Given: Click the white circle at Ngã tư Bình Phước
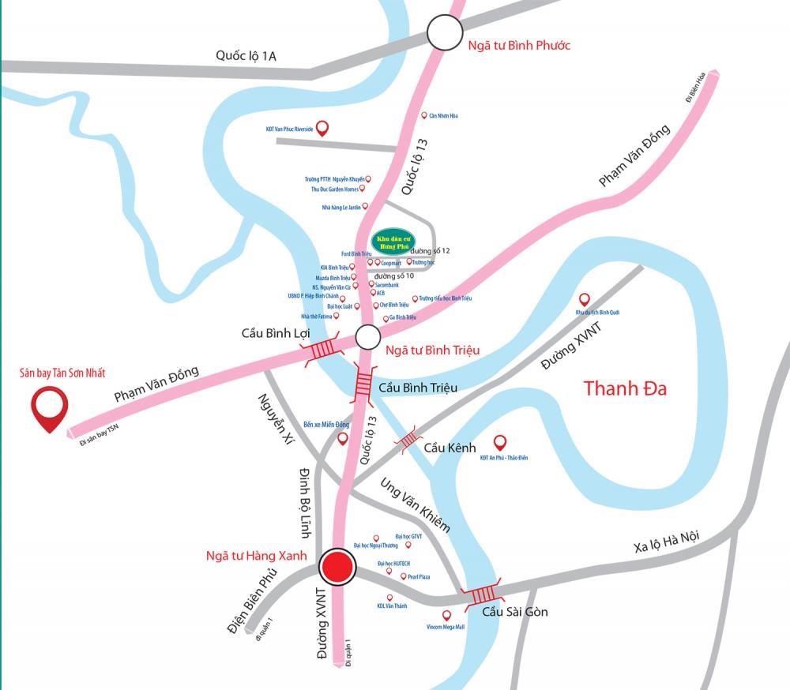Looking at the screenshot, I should pyautogui.click(x=444, y=34).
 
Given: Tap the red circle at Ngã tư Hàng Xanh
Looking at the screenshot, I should pyautogui.click(x=338, y=567).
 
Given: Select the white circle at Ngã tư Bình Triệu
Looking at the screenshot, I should pyautogui.click(x=367, y=338).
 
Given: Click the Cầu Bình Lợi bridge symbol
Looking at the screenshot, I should pyautogui.click(x=322, y=348).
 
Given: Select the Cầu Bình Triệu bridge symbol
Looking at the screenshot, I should pyautogui.click(x=363, y=384).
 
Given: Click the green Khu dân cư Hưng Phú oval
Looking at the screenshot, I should pyautogui.click(x=391, y=241).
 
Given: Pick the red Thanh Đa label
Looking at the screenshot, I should pyautogui.click(x=624, y=389).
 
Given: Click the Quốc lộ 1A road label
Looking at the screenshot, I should pyautogui.click(x=246, y=55).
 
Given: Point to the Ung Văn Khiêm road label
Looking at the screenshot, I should pyautogui.click(x=415, y=504).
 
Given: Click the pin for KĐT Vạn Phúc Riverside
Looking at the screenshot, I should pyautogui.click(x=322, y=128).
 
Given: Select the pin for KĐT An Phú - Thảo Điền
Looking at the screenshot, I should pyautogui.click(x=499, y=443).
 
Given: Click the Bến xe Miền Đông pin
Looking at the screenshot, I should pyautogui.click(x=342, y=437).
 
